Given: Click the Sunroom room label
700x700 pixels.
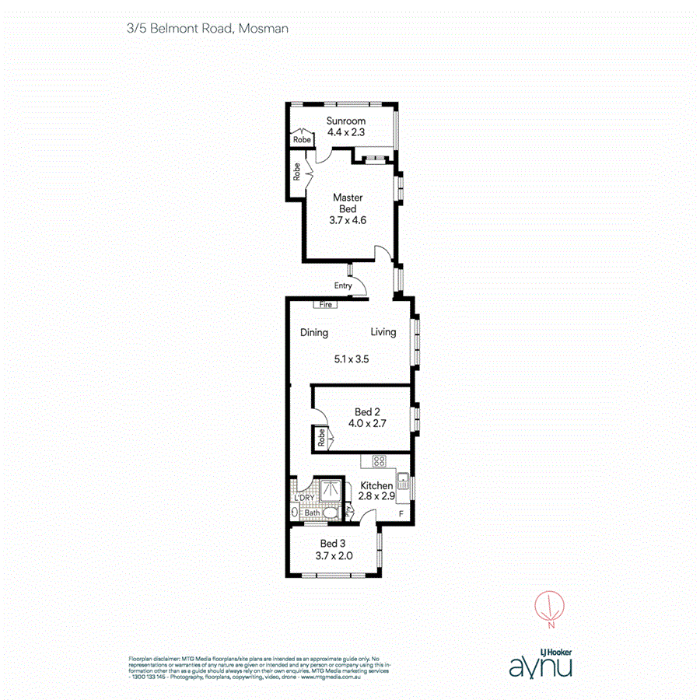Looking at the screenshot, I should point(346,121).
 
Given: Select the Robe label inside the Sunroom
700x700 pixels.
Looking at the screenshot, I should point(302,140).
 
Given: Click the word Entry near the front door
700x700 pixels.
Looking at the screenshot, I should point(343,285).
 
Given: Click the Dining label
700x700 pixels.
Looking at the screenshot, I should point(314,333).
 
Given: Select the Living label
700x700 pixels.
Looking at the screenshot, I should point(383,332).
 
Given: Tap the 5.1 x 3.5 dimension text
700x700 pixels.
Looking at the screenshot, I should point(352,359).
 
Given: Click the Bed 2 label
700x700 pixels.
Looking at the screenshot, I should point(367,411).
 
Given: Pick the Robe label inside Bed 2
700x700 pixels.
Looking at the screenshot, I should point(320,439).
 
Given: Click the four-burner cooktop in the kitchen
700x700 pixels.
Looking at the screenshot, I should point(380,461).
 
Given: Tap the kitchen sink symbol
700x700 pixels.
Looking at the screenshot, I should point(403,481).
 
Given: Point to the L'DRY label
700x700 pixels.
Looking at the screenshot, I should point(304,499).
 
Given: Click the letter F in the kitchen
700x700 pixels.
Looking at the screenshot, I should point(401,514).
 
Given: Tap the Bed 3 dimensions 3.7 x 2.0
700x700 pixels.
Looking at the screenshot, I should point(335,555).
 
